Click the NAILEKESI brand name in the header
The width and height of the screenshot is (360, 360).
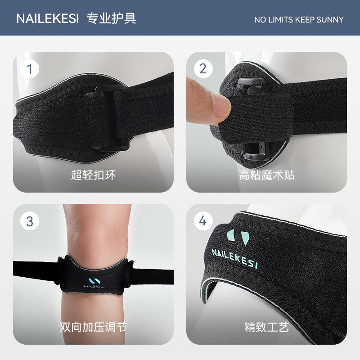click(48, 19)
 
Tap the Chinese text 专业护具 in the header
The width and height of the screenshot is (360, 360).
click(111, 18)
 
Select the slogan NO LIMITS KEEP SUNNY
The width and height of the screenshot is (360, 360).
click(298, 20)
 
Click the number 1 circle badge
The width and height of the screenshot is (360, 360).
click(30, 69)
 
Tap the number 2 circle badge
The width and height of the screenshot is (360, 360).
click(203, 69)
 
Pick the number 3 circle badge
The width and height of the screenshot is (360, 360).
click(30, 221)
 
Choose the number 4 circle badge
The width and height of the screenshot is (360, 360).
click(203, 221)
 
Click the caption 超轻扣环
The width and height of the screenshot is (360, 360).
click(93, 175)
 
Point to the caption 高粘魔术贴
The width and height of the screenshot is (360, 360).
click(266, 175)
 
